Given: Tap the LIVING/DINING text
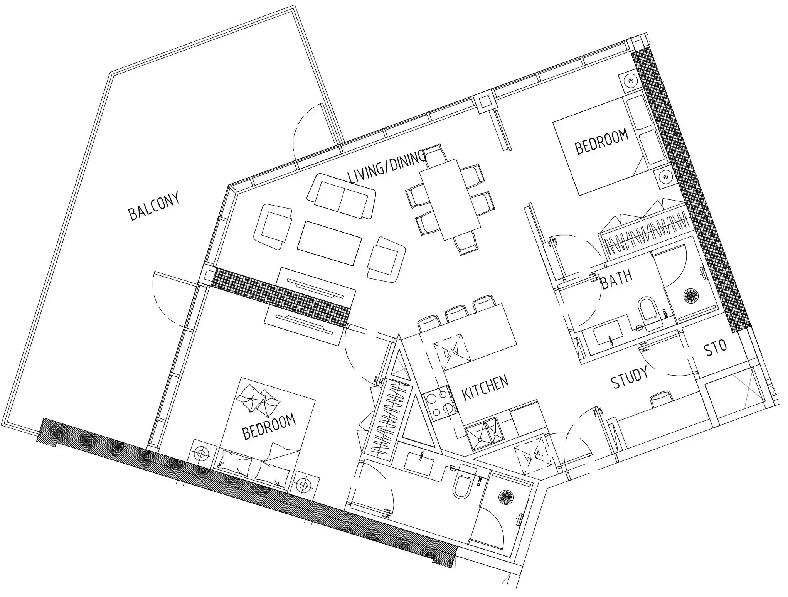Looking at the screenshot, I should (x=387, y=167).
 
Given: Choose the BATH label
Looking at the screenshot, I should (x=617, y=280).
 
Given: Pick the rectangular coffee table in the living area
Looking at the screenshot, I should (x=330, y=243).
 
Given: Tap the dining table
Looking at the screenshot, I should (x=450, y=200).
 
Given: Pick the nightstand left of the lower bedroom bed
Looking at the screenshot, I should (x=202, y=454).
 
